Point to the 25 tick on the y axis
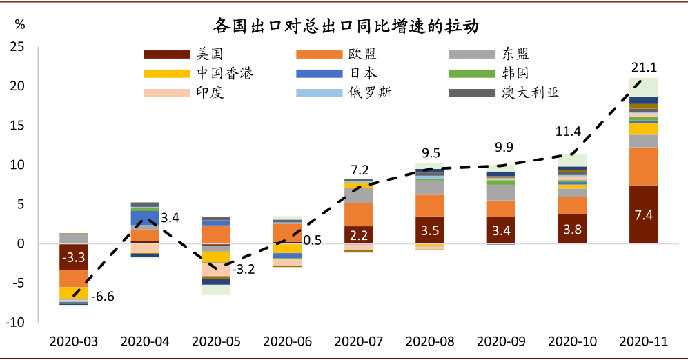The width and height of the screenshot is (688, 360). [17, 47]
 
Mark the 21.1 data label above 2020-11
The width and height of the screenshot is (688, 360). [643, 67]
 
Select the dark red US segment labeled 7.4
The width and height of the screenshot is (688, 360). [643, 214]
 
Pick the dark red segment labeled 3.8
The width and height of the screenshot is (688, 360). [572, 229]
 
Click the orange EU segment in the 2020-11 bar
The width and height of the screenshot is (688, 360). [643, 166]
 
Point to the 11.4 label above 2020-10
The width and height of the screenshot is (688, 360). [572, 132]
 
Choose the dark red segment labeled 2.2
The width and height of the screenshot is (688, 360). [359, 235]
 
